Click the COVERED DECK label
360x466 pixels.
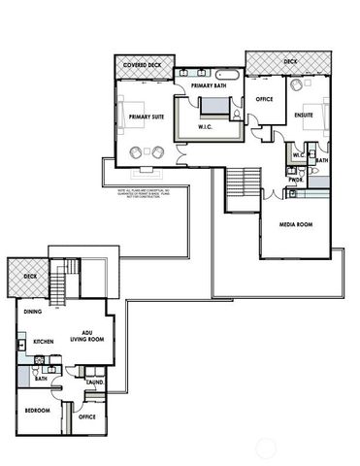[143, 65]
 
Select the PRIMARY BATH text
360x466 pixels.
[209, 85]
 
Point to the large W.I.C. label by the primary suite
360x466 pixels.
[206, 126]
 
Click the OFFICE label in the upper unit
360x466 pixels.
[263, 99]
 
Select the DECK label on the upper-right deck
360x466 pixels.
[290, 61]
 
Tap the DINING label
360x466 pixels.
[35, 312]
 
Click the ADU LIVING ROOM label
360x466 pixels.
[87, 335]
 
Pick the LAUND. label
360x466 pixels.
[95, 382]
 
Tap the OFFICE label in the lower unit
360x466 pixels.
[88, 416]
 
